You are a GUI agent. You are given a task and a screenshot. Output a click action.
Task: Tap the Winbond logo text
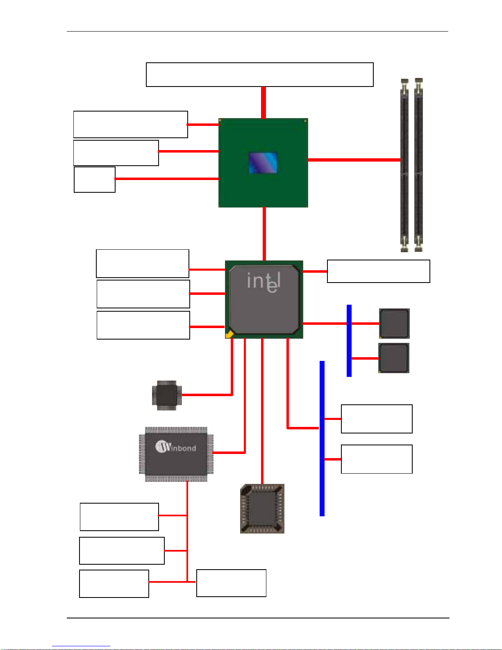coord(176,447)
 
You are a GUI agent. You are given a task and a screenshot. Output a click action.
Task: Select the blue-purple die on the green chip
coord(263,163)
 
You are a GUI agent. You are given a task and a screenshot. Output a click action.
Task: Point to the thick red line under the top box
coord(263,103)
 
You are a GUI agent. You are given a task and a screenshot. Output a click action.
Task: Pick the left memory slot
coord(404,165)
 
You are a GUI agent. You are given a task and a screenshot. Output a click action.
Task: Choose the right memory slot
coord(419,165)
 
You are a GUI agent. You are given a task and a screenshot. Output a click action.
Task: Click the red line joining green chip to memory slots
coord(354,160)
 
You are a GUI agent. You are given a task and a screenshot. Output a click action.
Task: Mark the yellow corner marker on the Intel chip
coord(229,334)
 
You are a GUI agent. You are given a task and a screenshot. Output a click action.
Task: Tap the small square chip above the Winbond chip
coord(167,395)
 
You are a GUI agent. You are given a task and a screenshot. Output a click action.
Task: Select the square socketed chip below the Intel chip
coord(262,509)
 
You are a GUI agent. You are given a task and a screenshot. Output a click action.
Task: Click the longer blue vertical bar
coord(322,438)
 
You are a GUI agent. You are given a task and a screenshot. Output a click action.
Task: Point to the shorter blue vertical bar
coord(349,341)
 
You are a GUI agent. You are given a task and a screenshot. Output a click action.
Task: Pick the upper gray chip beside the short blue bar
coord(394,323)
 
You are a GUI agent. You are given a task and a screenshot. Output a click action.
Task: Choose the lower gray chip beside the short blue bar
coord(393,358)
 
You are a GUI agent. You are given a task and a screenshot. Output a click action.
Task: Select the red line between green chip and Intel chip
coord(264,234)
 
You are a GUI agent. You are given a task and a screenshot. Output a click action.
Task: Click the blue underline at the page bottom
coord(81,646)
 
